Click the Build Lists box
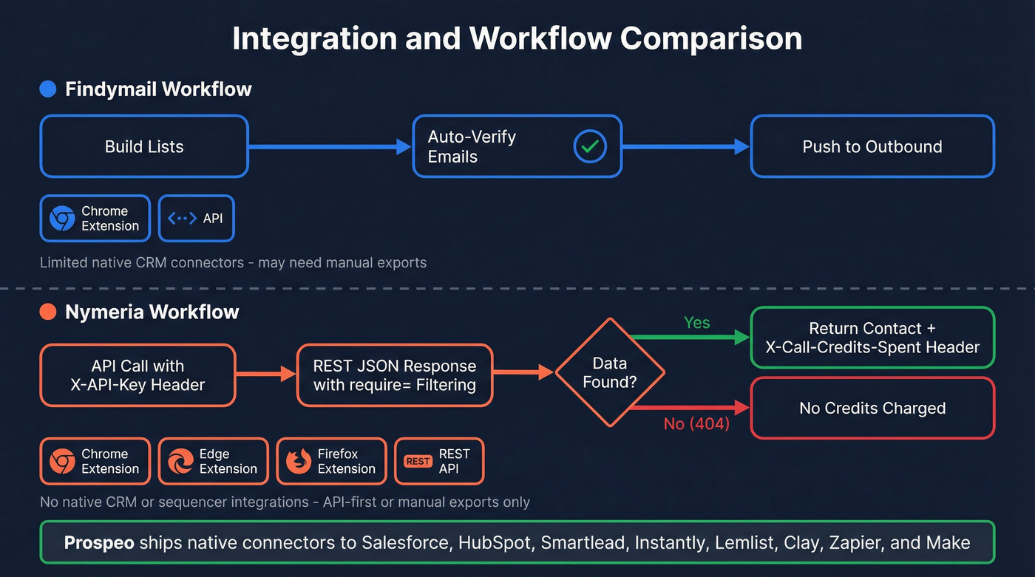click(x=144, y=146)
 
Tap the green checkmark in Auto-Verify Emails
click(x=589, y=146)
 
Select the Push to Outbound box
click(x=872, y=146)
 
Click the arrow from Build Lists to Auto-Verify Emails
click(x=330, y=147)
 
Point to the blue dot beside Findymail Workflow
click(x=48, y=89)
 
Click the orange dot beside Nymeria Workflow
click(x=48, y=312)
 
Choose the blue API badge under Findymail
click(x=196, y=218)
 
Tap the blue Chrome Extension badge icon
click(x=62, y=219)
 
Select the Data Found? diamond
click(x=610, y=372)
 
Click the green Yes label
click(x=696, y=323)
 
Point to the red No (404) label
click(x=696, y=424)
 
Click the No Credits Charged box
click(x=872, y=409)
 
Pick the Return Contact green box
click(x=872, y=338)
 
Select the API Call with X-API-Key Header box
click(x=138, y=375)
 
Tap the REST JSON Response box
click(x=395, y=375)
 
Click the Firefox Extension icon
click(x=298, y=462)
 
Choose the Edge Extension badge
click(x=213, y=462)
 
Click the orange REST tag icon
click(x=418, y=462)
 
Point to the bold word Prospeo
click(x=99, y=543)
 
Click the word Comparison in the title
click(x=711, y=38)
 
